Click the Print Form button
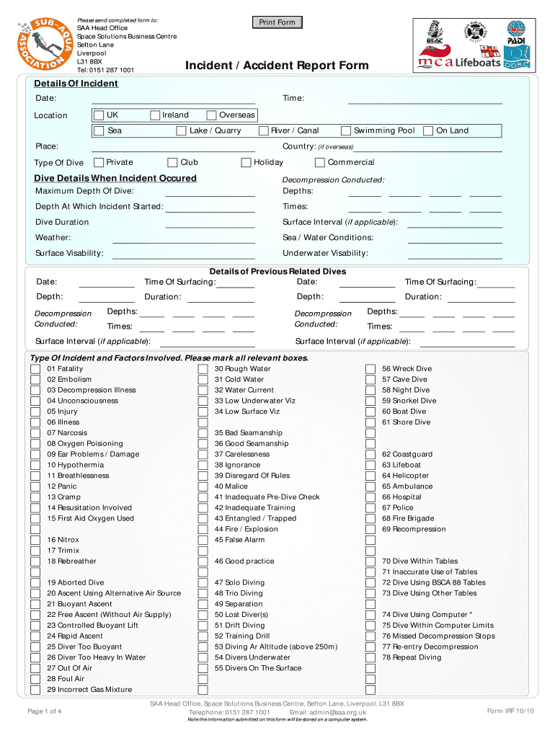click(x=277, y=22)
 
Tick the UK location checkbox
click(x=99, y=115)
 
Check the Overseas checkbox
click(x=211, y=115)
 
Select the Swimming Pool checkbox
click(x=346, y=131)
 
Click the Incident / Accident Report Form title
click(x=277, y=66)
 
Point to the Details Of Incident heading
click(x=76, y=84)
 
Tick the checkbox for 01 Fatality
click(x=35, y=369)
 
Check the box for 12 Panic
click(x=35, y=486)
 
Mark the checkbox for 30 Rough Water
click(x=203, y=369)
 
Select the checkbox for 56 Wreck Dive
click(x=370, y=369)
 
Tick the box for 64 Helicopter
click(x=370, y=476)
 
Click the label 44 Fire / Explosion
click(x=246, y=529)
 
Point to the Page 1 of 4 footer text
click(x=44, y=712)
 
